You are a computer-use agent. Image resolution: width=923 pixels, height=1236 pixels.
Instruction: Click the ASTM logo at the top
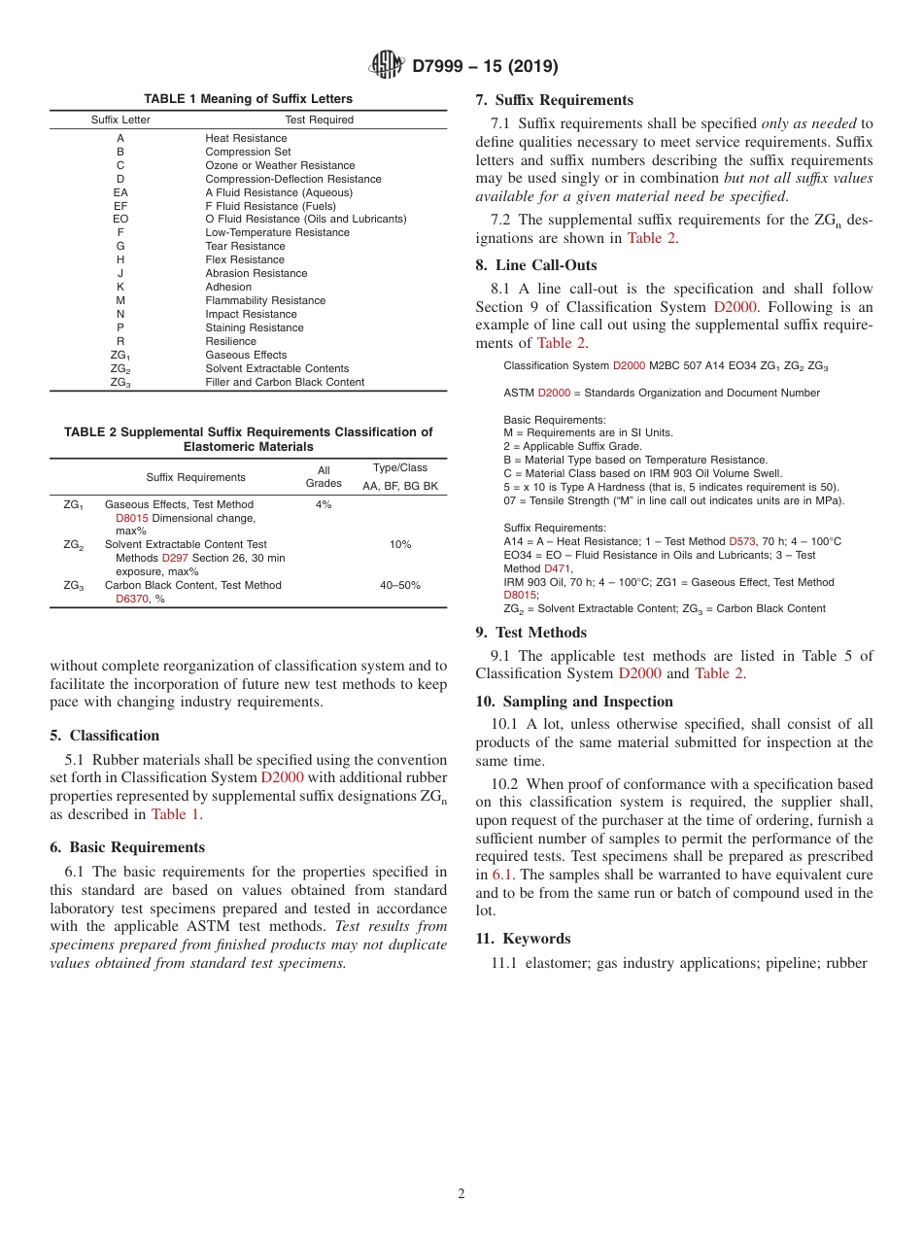387,66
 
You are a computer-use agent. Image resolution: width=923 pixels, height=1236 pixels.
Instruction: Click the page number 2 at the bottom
461,1194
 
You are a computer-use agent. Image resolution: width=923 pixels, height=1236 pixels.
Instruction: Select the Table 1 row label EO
120,220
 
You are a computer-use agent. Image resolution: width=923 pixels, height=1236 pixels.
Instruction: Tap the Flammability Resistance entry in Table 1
265,301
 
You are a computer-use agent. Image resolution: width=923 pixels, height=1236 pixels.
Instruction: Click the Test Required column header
319,120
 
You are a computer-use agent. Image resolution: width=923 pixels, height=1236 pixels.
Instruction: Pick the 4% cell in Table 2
324,505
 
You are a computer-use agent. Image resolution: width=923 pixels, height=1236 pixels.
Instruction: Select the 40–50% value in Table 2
399,586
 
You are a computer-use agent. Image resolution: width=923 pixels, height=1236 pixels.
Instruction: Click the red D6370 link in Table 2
131,600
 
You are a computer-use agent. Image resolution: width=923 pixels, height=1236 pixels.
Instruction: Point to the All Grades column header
324,477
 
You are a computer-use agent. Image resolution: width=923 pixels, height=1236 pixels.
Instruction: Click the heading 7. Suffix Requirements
554,100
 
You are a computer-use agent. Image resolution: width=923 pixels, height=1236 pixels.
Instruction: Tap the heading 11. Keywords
523,939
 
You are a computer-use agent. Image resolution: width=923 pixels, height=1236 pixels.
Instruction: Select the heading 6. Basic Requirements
127,847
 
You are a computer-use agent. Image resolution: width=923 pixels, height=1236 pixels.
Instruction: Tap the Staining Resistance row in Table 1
254,328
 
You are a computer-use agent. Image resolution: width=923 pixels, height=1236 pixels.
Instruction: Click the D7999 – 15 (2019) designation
484,66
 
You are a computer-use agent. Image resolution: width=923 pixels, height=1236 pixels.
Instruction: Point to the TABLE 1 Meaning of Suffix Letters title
249,99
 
